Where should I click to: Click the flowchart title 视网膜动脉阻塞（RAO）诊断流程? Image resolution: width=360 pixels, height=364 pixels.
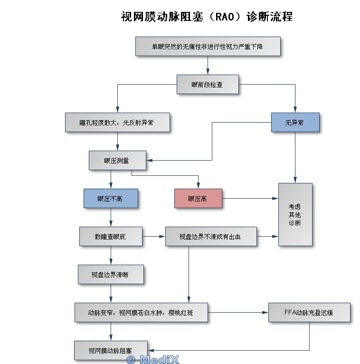207,17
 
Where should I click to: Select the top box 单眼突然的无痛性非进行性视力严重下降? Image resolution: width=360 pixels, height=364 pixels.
208,47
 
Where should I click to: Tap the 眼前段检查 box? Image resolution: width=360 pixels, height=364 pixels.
208,85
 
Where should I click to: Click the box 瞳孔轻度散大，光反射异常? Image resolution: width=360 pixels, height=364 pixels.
117,122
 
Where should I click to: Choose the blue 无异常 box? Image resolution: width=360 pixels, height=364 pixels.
294,122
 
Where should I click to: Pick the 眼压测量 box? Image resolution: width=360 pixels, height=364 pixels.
117,160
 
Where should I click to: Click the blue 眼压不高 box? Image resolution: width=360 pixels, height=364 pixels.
111,198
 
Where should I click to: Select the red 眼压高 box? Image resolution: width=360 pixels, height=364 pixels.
198,198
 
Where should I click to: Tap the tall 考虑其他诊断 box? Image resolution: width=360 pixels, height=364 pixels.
295,214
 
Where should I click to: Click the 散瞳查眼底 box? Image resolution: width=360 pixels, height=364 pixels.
110,236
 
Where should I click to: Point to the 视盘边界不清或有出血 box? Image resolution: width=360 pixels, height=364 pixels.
211,236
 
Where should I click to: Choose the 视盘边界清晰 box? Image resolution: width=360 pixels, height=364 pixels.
110,274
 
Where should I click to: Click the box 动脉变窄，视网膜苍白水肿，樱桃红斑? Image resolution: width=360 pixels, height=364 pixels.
141,312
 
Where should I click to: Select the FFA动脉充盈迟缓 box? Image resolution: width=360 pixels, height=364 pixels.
309,312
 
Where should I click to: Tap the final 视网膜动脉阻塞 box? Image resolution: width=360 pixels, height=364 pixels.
110,350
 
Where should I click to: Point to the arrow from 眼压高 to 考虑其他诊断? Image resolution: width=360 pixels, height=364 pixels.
249,198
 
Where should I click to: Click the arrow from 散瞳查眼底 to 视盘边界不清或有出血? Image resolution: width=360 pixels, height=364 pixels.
153,236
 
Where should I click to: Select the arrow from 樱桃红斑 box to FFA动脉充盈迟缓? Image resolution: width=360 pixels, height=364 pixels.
237,312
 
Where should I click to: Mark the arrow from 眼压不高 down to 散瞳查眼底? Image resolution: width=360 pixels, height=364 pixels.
111,217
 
